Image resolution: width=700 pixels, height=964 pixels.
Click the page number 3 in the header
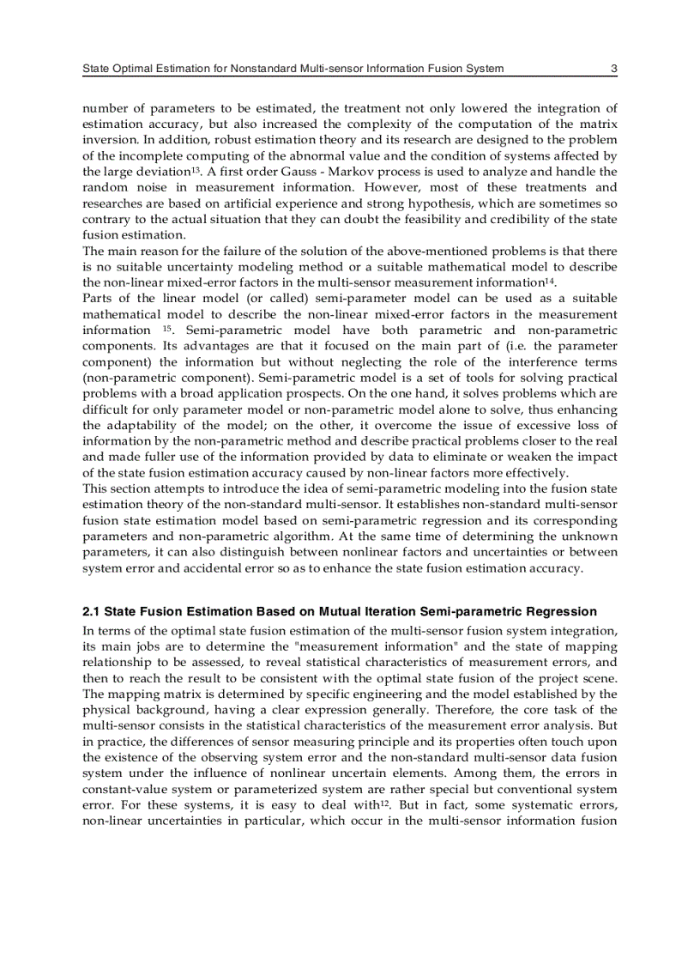pyautogui.click(x=613, y=69)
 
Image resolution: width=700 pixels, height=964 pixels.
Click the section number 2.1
pyautogui.click(x=92, y=612)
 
